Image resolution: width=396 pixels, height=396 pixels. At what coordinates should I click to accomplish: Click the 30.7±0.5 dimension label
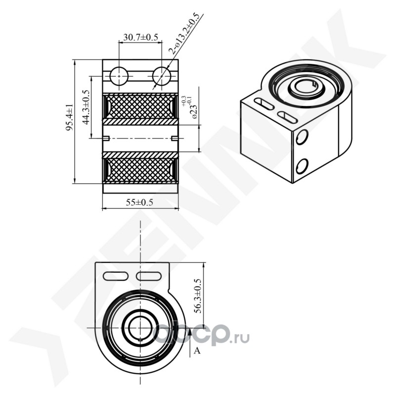(141, 38)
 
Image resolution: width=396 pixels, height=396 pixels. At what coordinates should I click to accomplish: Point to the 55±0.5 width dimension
(140, 202)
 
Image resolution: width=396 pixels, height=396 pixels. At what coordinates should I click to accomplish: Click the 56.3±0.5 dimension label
(197, 296)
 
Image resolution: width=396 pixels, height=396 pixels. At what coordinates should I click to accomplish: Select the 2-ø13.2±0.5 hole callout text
(186, 33)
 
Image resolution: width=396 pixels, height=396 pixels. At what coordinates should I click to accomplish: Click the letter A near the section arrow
(197, 351)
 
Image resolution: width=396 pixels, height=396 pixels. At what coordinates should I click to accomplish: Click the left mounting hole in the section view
(119, 76)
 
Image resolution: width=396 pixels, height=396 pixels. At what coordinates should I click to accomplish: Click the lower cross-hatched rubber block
(140, 169)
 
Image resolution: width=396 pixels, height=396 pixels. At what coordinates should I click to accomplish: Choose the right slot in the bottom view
(150, 276)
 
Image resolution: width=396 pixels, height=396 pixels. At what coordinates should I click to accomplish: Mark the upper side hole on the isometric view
(301, 137)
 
